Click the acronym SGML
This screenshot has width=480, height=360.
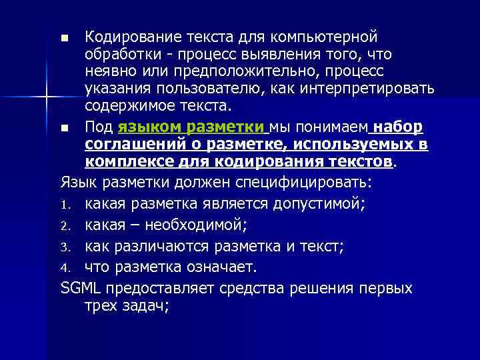pos(79,288)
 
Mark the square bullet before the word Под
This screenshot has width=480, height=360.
pos(64,127)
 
